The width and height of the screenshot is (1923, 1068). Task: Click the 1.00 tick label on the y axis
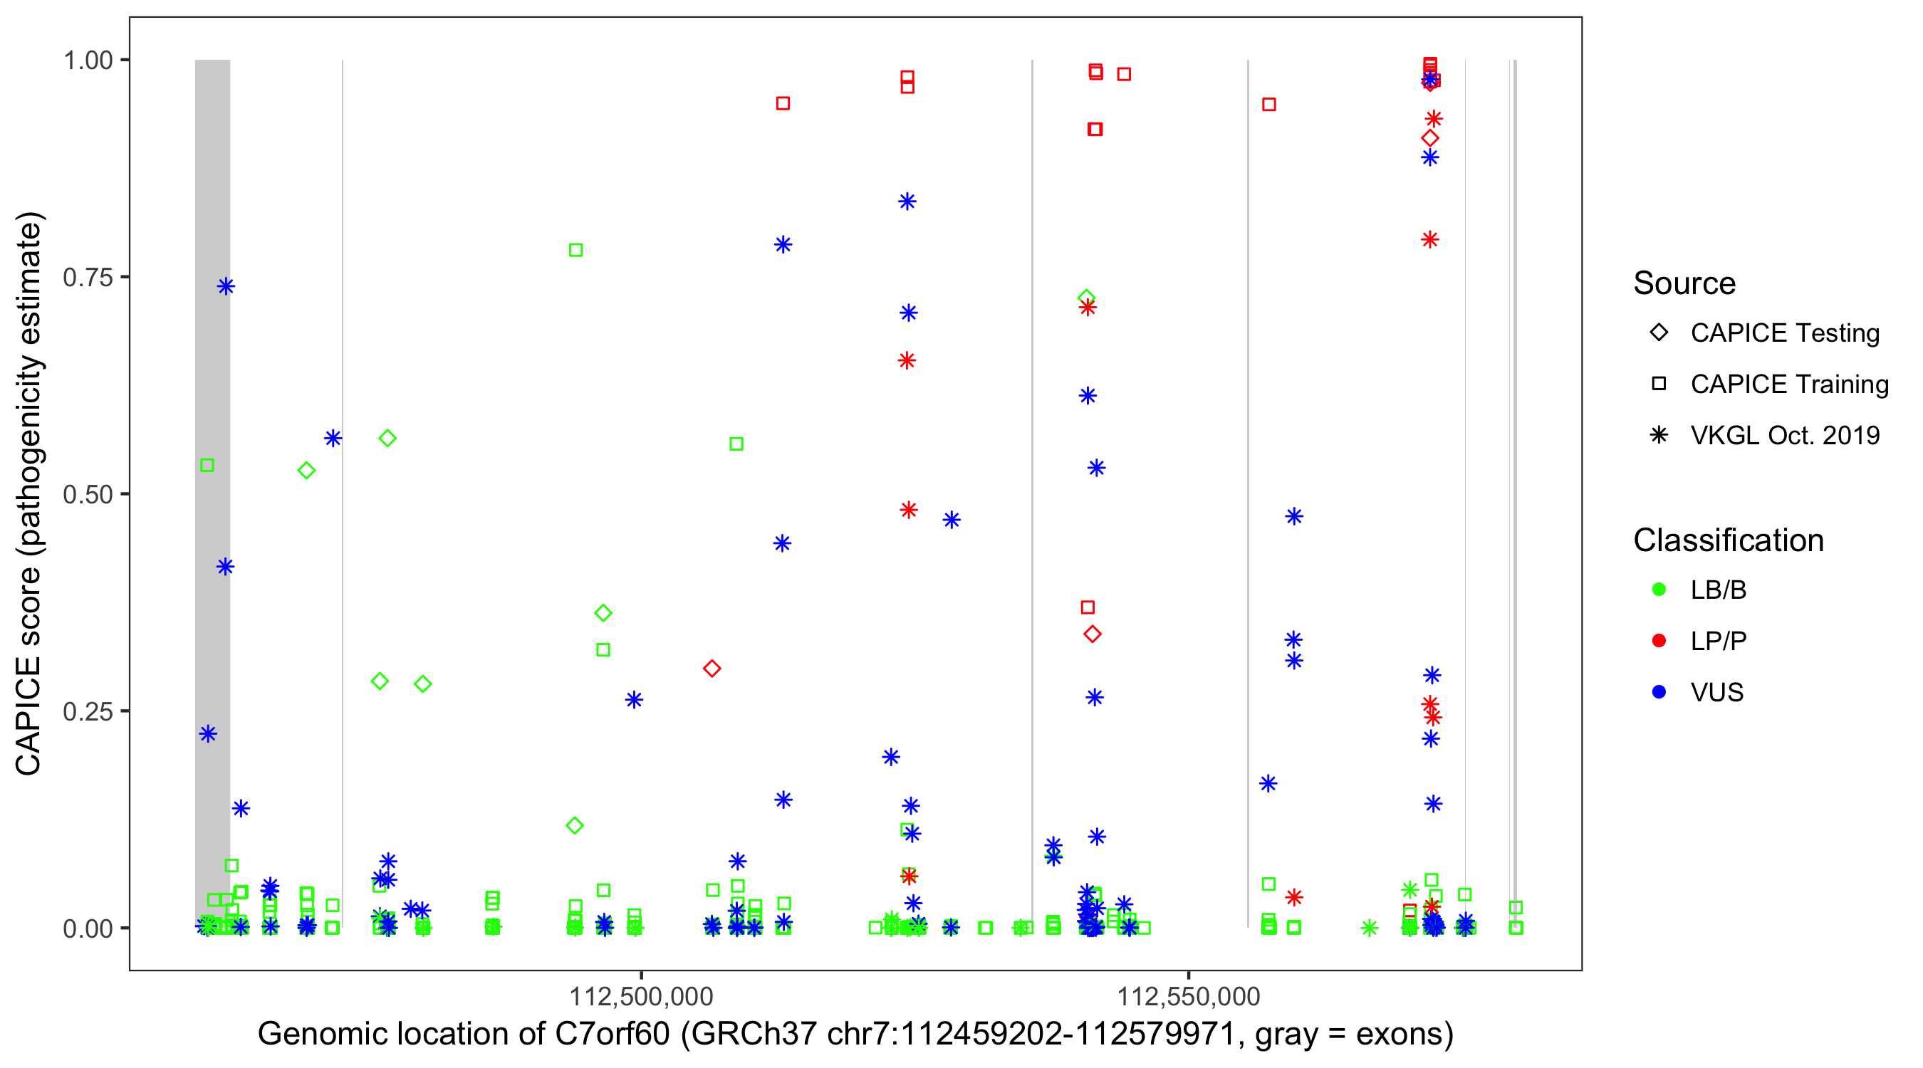tap(87, 61)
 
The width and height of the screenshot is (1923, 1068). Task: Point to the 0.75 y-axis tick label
tap(87, 278)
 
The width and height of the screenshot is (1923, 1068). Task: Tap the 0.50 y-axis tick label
tap(87, 495)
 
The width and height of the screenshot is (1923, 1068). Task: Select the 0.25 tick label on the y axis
tap(87, 711)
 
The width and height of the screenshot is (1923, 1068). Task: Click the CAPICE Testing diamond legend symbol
tap(1659, 333)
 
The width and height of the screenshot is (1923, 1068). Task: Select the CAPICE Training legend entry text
tap(1789, 384)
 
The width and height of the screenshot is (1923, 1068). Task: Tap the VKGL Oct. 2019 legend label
tap(1785, 436)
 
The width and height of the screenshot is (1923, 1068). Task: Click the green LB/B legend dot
tap(1659, 590)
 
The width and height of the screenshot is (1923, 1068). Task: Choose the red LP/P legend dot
tap(1659, 641)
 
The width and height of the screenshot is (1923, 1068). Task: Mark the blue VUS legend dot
tap(1659, 693)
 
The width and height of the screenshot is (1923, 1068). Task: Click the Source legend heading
tap(1684, 283)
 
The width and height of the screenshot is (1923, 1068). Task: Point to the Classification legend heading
tap(1728, 540)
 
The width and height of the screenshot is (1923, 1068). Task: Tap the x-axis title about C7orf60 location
tap(855, 1035)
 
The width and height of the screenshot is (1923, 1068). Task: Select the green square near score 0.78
tap(575, 250)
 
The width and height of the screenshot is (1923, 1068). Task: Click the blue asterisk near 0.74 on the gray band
tap(226, 287)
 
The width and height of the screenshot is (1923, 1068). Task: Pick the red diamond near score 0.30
tap(712, 669)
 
